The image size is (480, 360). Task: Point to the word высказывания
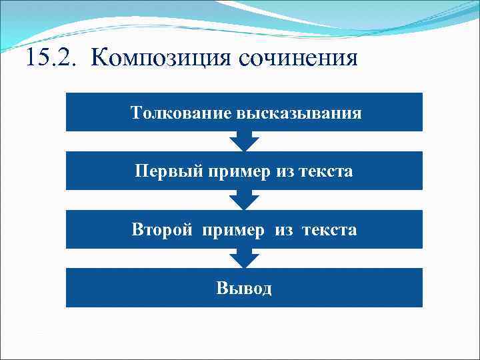(299, 113)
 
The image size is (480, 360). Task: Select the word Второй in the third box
(162, 230)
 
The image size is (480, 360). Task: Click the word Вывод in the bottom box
(244, 289)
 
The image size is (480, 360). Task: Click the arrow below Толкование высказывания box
(244, 141)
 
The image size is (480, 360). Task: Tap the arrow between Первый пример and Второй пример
(244, 199)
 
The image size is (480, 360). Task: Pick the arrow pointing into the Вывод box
(244, 258)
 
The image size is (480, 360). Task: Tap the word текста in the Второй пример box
(329, 230)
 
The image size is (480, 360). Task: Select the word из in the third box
(286, 230)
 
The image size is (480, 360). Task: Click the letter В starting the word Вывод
(221, 289)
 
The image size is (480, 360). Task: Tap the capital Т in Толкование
(135, 113)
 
